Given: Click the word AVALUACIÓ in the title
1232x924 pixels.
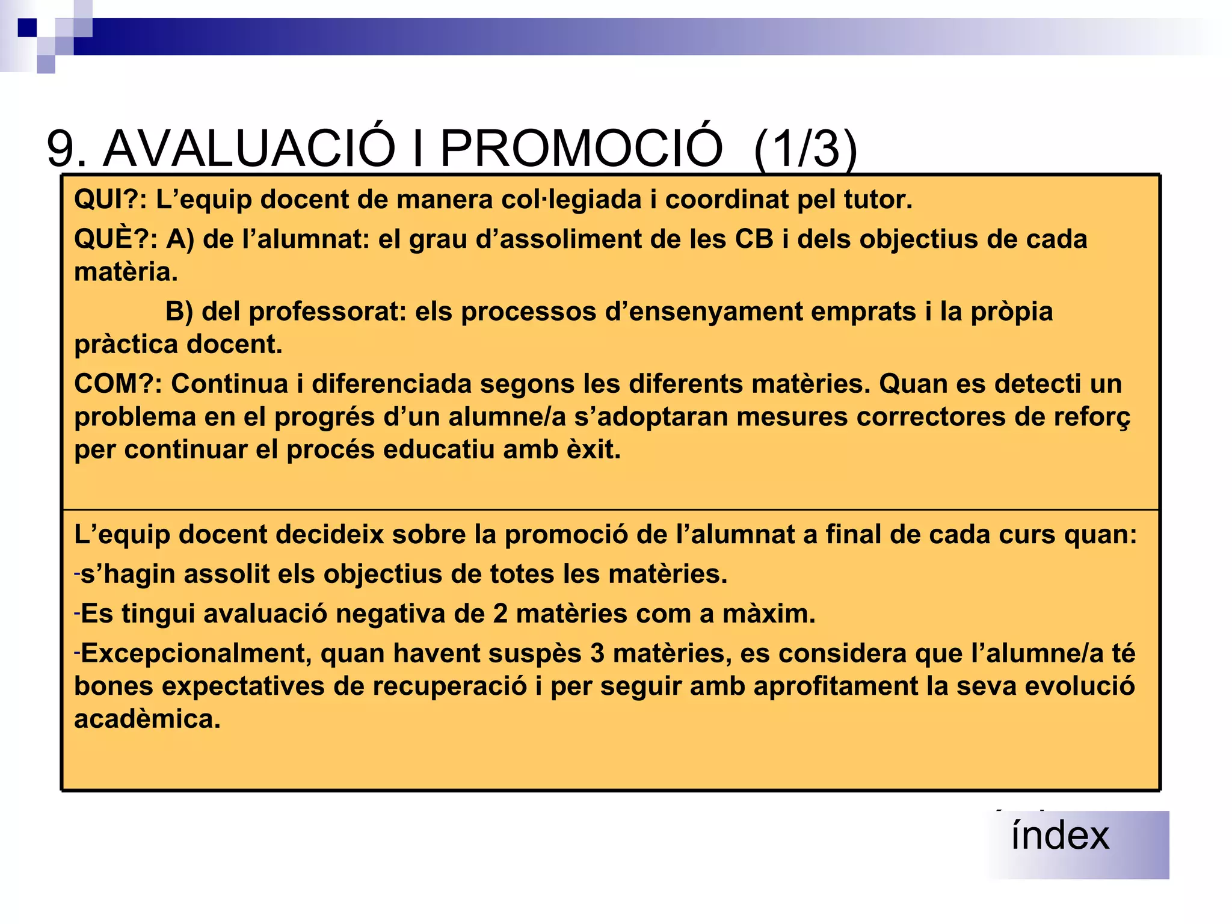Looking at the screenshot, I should (249, 148).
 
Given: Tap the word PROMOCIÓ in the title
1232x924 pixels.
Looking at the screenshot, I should (581, 148).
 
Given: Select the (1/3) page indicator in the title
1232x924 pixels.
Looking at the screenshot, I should (805, 149).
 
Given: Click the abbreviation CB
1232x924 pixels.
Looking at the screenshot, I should (754, 239).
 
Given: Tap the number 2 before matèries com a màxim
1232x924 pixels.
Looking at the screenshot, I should (500, 614).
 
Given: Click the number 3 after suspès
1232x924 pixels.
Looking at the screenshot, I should (597, 653).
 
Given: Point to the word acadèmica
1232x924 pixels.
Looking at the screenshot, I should (147, 719).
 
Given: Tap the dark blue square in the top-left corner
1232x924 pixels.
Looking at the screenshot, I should (27, 28).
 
